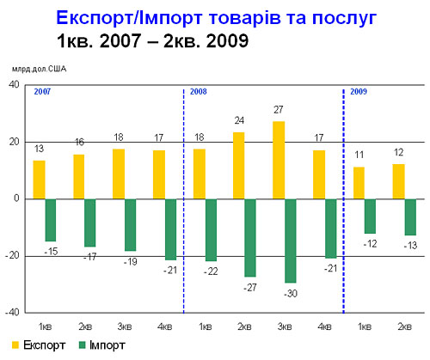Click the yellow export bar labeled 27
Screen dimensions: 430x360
click(x=279, y=160)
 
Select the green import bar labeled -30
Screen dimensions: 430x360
click(x=291, y=241)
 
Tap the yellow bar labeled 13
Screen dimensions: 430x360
click(x=40, y=180)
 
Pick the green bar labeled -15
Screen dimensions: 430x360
click(x=51, y=220)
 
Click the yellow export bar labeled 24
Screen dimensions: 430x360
click(x=239, y=166)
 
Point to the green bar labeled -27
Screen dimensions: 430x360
click(x=250, y=238)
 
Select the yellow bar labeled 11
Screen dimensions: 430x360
click(x=359, y=183)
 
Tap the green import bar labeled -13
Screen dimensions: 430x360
click(x=410, y=217)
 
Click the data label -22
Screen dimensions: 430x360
click(x=211, y=272)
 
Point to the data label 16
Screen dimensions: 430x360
click(x=79, y=142)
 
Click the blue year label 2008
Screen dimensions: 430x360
click(x=199, y=92)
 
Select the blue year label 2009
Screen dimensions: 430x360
click(x=359, y=92)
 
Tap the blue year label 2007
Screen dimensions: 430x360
click(x=42, y=92)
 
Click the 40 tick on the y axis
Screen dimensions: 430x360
click(x=14, y=85)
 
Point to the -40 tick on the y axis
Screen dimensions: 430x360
click(x=12, y=313)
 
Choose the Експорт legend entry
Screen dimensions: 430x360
click(x=39, y=345)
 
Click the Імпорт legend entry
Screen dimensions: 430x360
click(x=102, y=345)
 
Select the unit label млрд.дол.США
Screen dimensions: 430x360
click(x=39, y=69)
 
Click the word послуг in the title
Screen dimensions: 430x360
click(x=344, y=18)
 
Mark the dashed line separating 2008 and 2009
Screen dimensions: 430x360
click(x=343, y=201)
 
